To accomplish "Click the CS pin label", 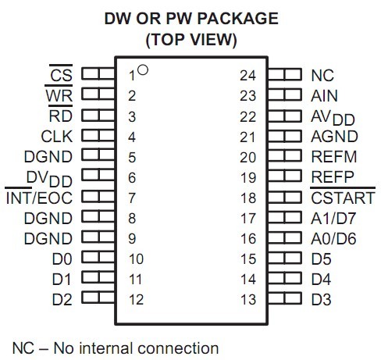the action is [61, 75].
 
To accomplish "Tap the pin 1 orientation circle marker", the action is [143, 70].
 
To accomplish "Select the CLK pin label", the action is [57, 136].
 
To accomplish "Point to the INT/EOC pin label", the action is [39, 198].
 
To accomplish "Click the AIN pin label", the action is [324, 96].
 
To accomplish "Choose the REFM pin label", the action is [334, 157].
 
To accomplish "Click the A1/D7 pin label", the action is [333, 218].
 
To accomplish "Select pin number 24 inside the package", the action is [248, 76].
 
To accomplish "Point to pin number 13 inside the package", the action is [248, 299].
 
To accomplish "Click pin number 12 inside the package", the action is [136, 299].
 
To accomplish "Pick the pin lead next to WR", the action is [98, 94].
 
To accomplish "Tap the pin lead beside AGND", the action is [285, 135].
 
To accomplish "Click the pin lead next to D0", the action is [98, 257].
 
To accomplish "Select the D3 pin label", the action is [322, 299].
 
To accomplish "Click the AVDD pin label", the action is [333, 118].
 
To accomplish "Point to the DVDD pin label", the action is [49, 179].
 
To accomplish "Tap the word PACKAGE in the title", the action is [237, 19].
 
